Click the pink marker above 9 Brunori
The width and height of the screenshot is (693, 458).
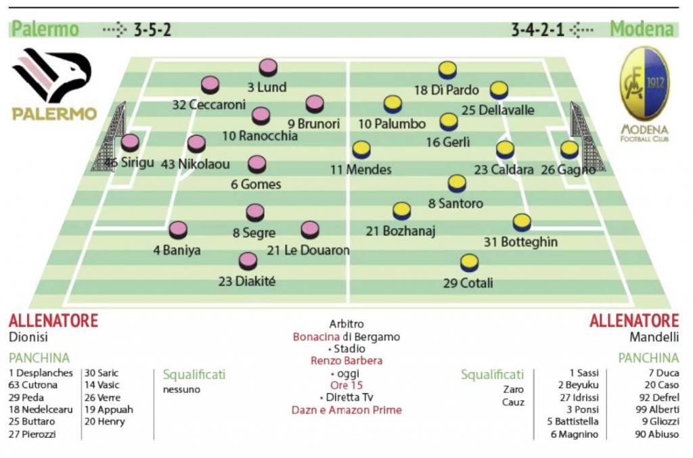point(315,104)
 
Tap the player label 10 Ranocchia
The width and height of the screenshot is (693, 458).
point(260,136)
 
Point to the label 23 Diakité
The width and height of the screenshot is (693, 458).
point(247,281)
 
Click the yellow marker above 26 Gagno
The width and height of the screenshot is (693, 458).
point(569,150)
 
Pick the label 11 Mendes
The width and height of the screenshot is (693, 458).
point(361,170)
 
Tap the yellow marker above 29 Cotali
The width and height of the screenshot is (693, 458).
point(469,262)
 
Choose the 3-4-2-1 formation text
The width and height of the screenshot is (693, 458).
point(539,30)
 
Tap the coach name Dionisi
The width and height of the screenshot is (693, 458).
point(28,336)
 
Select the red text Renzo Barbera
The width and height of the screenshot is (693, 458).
point(346,361)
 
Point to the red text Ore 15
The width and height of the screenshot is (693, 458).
point(346,385)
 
